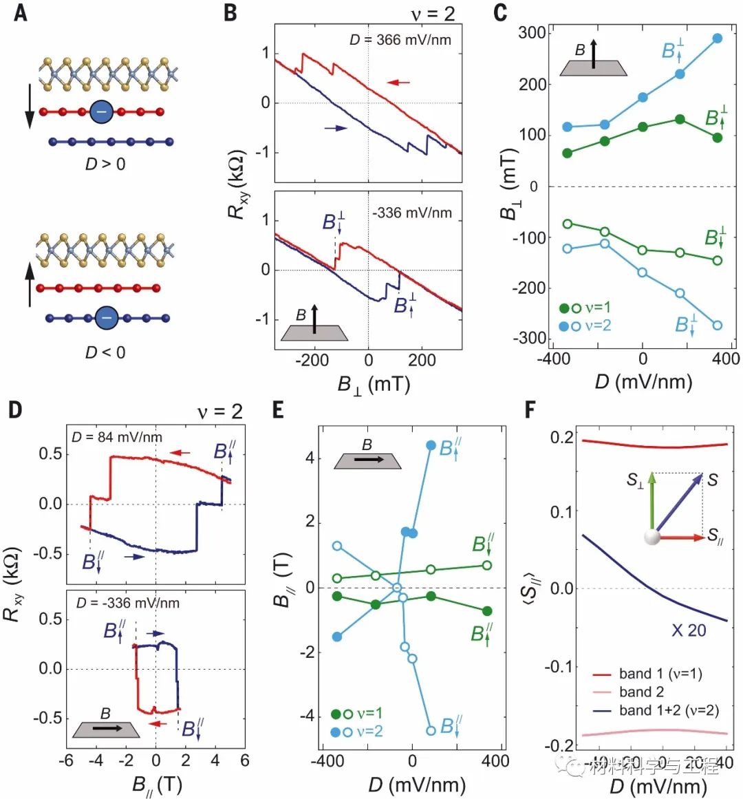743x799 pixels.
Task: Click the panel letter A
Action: click(21, 13)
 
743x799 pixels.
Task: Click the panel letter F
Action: click(531, 410)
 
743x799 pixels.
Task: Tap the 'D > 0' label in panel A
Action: click(105, 164)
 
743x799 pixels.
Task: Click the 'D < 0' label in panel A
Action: click(105, 352)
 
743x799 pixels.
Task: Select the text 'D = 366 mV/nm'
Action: click(400, 40)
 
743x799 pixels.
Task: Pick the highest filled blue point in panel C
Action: click(718, 39)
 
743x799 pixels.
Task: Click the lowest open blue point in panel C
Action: click(718, 326)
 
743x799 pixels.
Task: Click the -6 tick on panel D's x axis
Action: click(66, 761)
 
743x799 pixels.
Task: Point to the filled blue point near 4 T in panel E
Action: click(431, 445)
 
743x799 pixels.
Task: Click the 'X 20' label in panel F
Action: click(688, 630)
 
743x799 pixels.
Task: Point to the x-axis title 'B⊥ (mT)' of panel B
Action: click(373, 383)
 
